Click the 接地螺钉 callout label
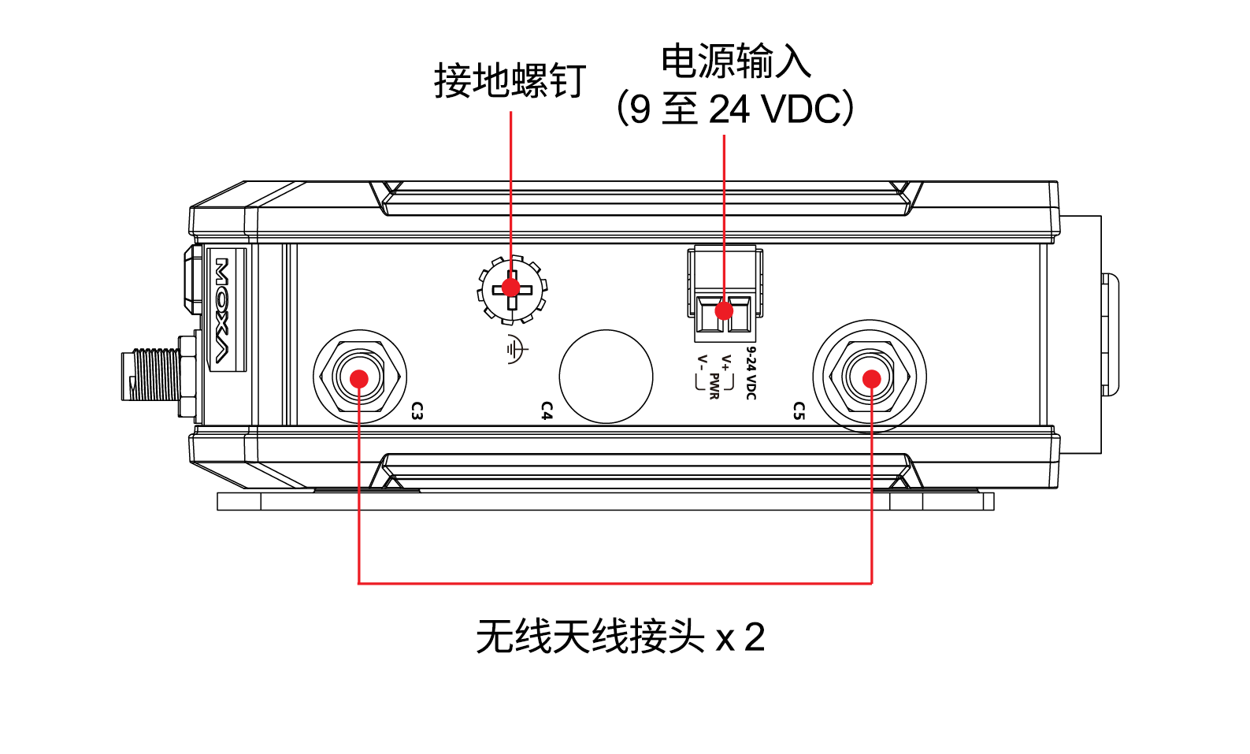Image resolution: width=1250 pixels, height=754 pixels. (x=510, y=81)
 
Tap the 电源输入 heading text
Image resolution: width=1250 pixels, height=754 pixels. (x=736, y=61)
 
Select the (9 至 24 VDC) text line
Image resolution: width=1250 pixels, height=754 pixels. (x=736, y=109)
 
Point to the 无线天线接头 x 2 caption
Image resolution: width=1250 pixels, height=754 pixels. (x=620, y=637)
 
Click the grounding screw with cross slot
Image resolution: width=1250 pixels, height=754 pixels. (x=512, y=289)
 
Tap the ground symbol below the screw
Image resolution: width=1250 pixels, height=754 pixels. (x=516, y=349)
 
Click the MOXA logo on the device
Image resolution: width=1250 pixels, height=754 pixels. (x=223, y=310)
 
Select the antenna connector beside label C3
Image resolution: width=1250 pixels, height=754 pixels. (x=359, y=377)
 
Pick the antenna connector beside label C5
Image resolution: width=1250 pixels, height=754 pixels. (x=870, y=377)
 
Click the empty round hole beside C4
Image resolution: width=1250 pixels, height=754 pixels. (x=606, y=377)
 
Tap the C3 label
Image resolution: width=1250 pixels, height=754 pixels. (x=417, y=410)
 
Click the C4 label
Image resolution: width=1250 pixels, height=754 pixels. (x=547, y=410)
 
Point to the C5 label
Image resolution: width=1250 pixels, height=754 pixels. (x=799, y=410)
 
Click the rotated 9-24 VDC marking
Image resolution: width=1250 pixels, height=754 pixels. (x=751, y=373)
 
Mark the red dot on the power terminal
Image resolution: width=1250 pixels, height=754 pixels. (x=724, y=310)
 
